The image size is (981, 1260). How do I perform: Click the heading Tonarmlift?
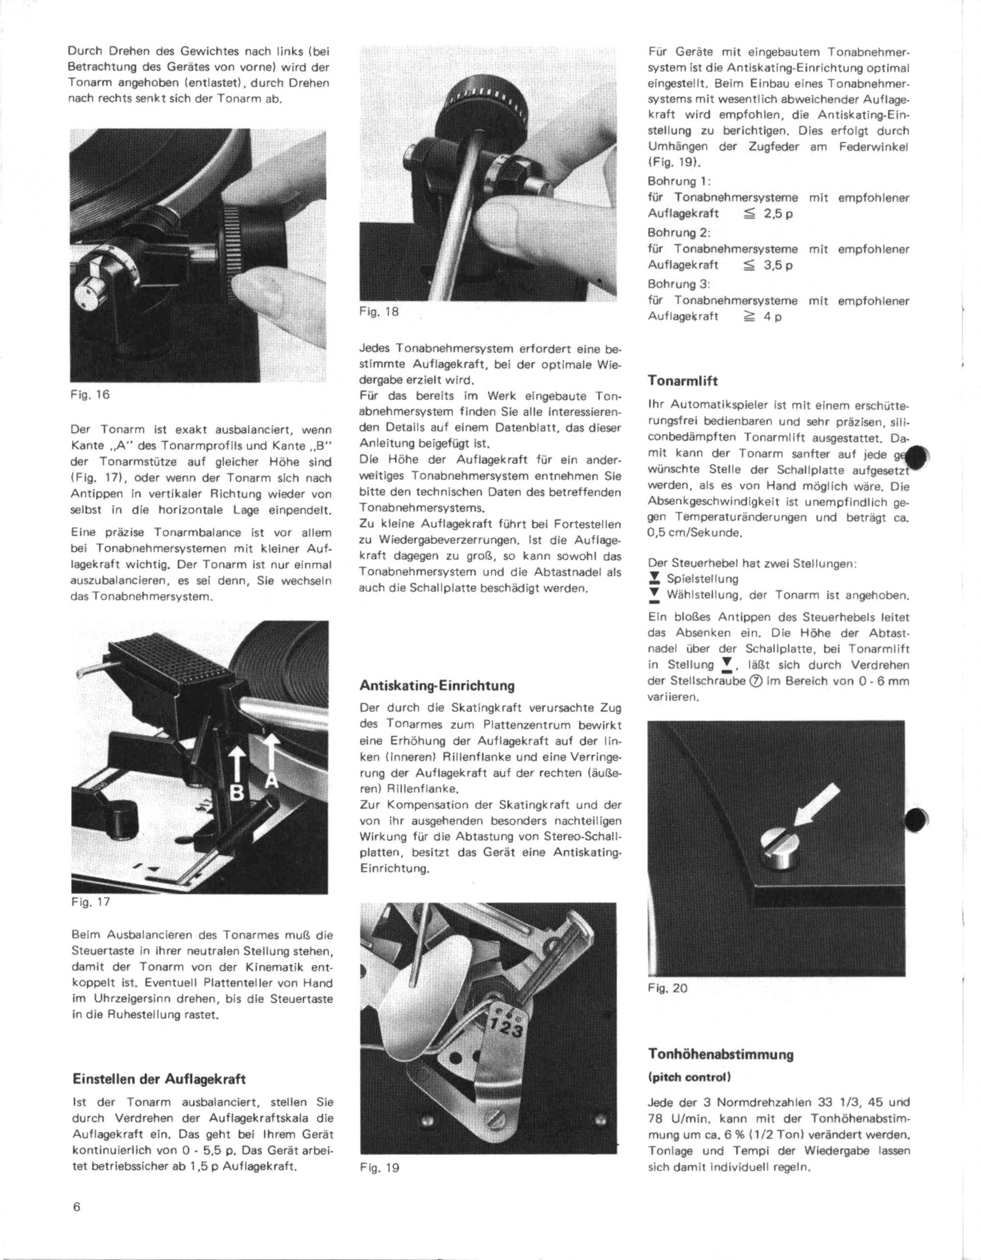682,381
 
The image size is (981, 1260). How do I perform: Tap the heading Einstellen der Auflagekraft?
158,1078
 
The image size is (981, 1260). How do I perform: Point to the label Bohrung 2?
680,233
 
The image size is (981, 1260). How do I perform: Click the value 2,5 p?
779,214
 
